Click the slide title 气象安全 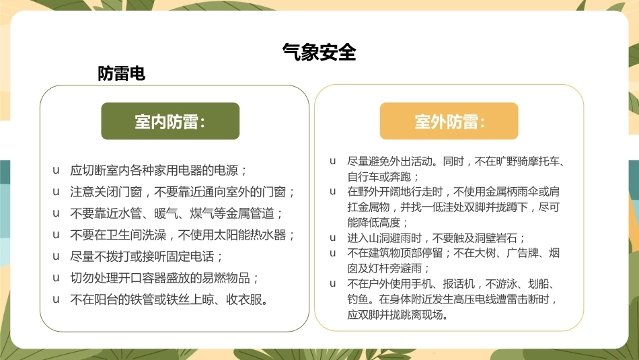tap(319, 52)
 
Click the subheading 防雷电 tap(122, 74)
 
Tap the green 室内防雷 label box tap(170, 121)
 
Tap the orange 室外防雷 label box tap(449, 121)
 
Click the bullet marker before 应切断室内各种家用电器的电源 tap(56, 170)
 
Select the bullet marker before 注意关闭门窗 tap(56, 192)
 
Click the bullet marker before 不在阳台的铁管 tap(56, 299)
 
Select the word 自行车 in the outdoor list tap(363, 177)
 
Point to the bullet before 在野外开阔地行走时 tap(333, 192)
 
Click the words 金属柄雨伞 tap(512, 192)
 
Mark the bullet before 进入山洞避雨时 tap(333, 238)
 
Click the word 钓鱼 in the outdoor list tap(358, 299)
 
